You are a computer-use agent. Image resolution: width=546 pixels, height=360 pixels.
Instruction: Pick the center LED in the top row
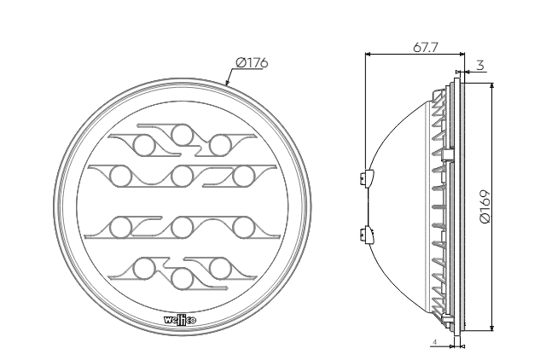(182, 135)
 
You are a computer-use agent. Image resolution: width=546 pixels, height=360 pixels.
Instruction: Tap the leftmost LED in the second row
(119, 177)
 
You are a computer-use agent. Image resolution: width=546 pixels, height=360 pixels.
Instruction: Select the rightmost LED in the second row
(244, 177)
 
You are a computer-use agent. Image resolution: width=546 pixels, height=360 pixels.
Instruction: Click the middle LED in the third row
(182, 227)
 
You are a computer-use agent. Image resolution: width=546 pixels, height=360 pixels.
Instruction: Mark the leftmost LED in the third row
(119, 227)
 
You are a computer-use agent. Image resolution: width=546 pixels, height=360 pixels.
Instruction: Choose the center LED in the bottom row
(182, 278)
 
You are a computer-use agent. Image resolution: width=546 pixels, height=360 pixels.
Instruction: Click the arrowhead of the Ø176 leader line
(227, 82)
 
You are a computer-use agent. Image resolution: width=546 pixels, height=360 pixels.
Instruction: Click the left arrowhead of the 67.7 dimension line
(367, 55)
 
